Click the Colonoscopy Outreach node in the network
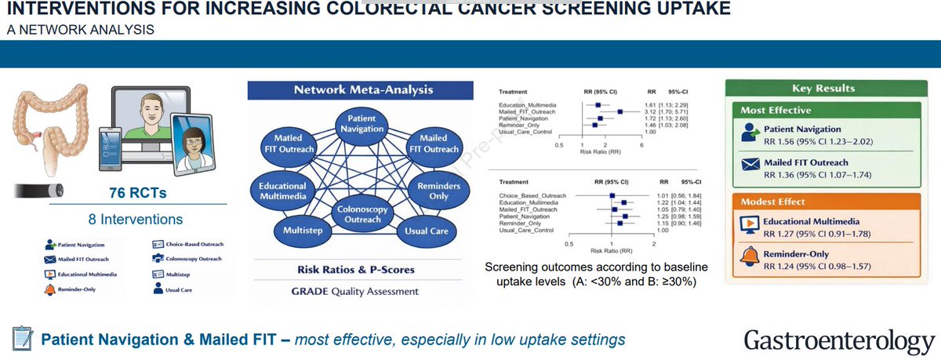362,213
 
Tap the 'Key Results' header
823,89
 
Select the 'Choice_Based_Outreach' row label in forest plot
532,195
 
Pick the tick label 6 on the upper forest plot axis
641,145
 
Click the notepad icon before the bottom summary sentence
20,340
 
